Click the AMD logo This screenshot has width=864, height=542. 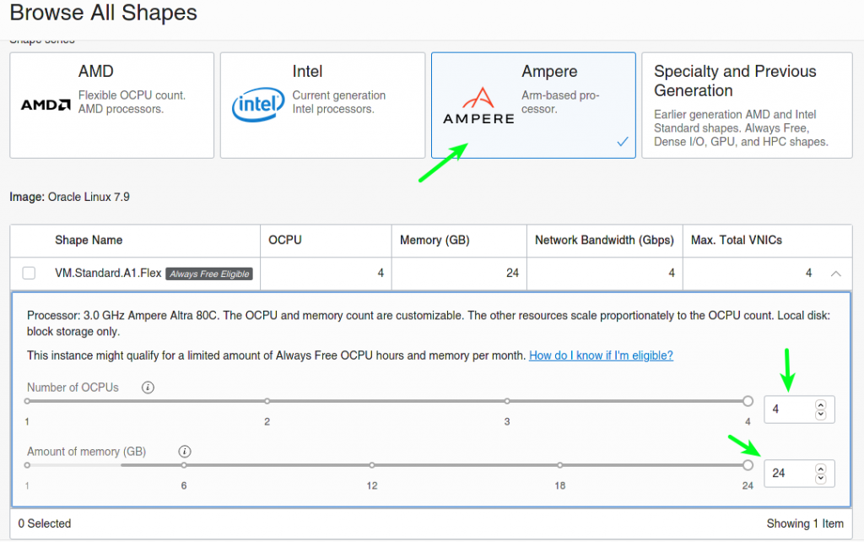coord(46,105)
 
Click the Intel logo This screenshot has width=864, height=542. coord(258,104)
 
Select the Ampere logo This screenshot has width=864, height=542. coord(478,106)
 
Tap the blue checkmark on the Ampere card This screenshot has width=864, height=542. coord(623,142)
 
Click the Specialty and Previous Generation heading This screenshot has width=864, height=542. coord(735,80)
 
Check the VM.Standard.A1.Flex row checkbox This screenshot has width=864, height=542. coord(29,273)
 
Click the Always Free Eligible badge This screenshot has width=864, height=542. coord(209,274)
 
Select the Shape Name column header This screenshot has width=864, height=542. coord(89,240)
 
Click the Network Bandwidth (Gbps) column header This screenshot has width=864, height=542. coord(604,240)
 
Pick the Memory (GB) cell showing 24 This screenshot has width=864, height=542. coord(512,273)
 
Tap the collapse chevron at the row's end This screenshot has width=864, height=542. coord(836,274)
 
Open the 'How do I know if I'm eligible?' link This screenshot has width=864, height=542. coord(601,355)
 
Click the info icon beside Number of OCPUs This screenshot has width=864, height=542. coord(148,388)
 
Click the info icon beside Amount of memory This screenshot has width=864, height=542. coord(185,452)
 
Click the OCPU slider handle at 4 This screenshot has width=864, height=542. coord(748,401)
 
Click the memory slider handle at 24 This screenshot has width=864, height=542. coord(748,465)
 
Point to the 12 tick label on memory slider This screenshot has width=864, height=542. coord(372,485)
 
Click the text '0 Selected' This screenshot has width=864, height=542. coord(45,523)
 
